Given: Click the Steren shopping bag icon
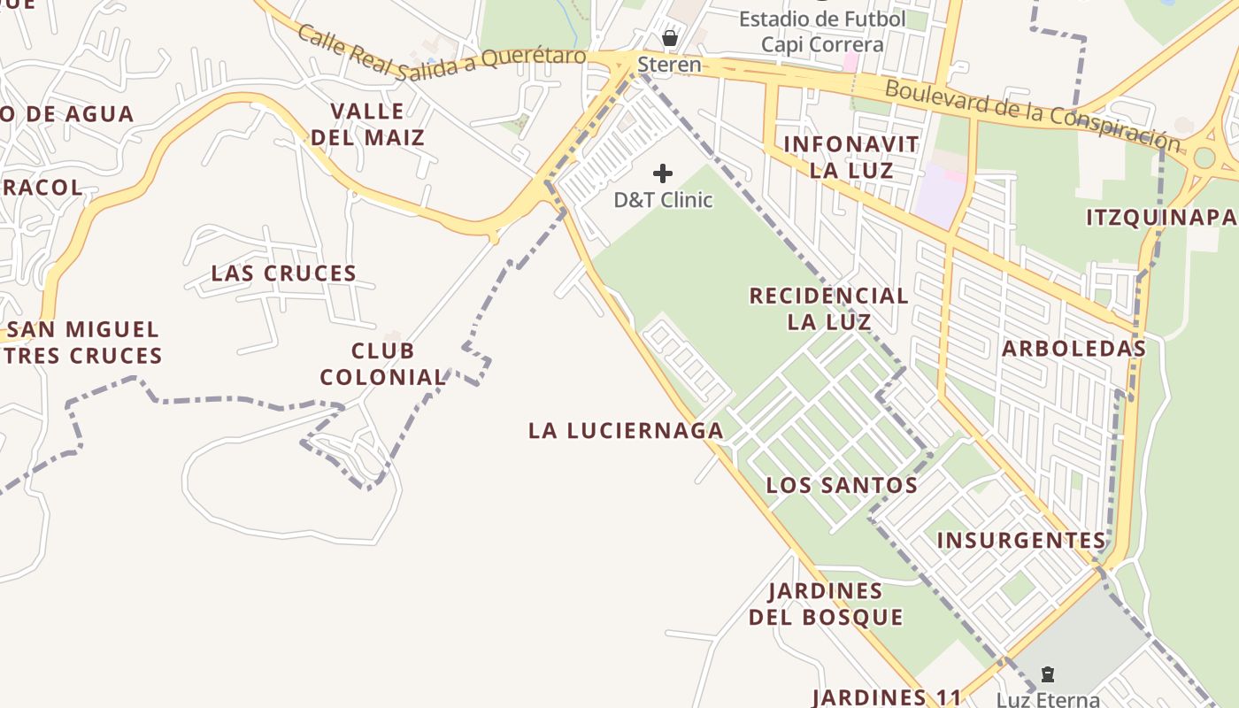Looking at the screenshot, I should pyautogui.click(x=670, y=38).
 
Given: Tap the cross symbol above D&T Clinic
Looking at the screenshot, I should pyautogui.click(x=663, y=173).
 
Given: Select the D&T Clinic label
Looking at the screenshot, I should pyautogui.click(x=663, y=200).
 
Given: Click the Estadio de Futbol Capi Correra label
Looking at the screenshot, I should pyautogui.click(x=822, y=32).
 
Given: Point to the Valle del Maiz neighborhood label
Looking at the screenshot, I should pyautogui.click(x=367, y=125).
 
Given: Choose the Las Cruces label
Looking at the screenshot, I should pyautogui.click(x=284, y=273).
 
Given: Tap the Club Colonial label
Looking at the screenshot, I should pyautogui.click(x=382, y=364).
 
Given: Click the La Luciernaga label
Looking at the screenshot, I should pyautogui.click(x=626, y=431).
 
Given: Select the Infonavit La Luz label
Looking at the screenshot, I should pyautogui.click(x=851, y=157).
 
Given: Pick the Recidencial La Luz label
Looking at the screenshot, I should pyautogui.click(x=829, y=308).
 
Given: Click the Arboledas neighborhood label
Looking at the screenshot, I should pyautogui.click(x=1074, y=349).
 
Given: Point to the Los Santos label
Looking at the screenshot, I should pyautogui.click(x=842, y=485).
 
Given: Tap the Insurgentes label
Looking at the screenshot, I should pyautogui.click(x=1021, y=540).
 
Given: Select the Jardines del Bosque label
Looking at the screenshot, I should pyautogui.click(x=826, y=604).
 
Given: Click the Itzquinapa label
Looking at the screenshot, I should pyautogui.click(x=1161, y=218).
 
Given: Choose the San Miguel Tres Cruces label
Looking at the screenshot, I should pyautogui.click(x=85, y=342).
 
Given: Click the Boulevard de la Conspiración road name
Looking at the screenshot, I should pyautogui.click(x=1032, y=114).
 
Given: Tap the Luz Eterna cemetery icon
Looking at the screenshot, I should pyautogui.click(x=1048, y=674).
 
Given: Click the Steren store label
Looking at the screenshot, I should pyautogui.click(x=669, y=65).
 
